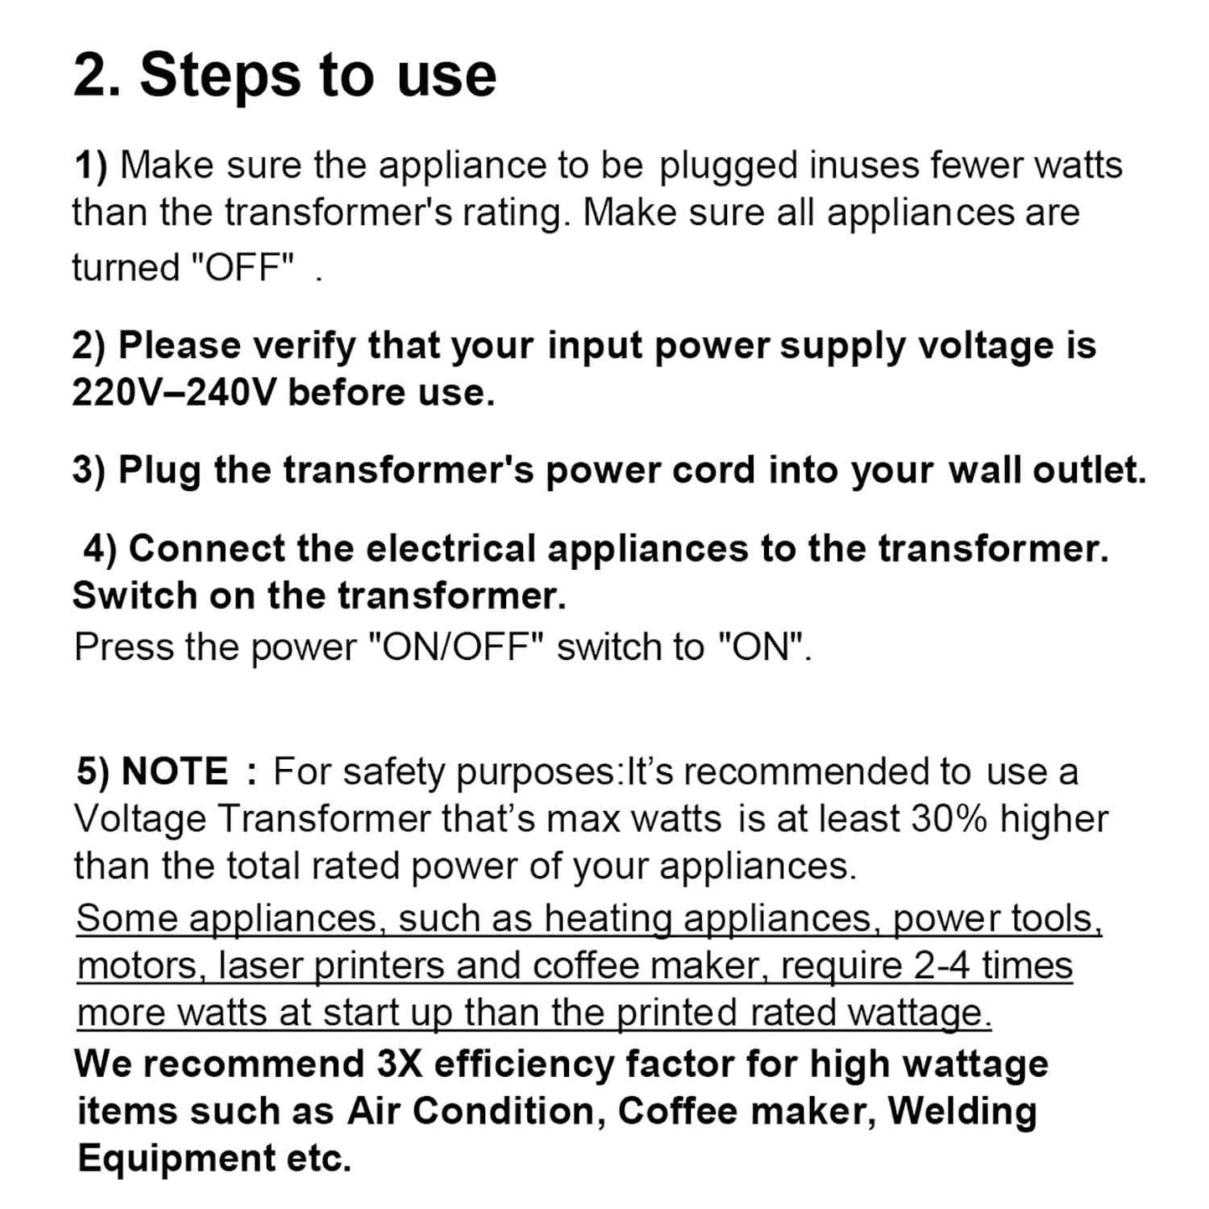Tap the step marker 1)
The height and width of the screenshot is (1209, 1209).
91,165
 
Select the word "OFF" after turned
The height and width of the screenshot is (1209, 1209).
243,268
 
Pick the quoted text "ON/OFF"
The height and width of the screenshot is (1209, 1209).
457,647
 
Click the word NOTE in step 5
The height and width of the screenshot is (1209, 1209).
175,771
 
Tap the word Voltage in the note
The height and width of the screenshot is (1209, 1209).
140,818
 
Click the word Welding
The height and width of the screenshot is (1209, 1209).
962,1111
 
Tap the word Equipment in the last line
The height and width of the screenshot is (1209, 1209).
177,1159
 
